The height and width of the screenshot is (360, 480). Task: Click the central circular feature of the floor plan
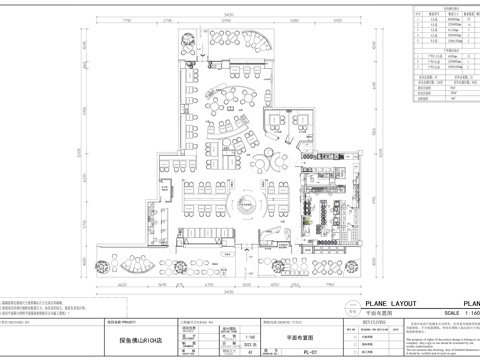pos(244,205)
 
